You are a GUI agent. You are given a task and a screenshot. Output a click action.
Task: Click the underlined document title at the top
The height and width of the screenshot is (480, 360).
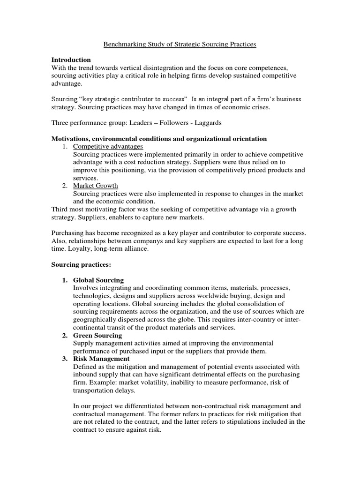180,45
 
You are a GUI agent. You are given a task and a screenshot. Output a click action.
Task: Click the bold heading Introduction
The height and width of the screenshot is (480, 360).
71,60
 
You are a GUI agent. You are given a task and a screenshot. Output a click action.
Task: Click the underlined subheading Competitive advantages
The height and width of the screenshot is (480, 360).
108,147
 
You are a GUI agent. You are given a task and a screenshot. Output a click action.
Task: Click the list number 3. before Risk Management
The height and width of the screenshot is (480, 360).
65,359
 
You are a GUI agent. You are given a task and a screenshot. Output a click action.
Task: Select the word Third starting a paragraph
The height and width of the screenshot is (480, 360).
60,209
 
